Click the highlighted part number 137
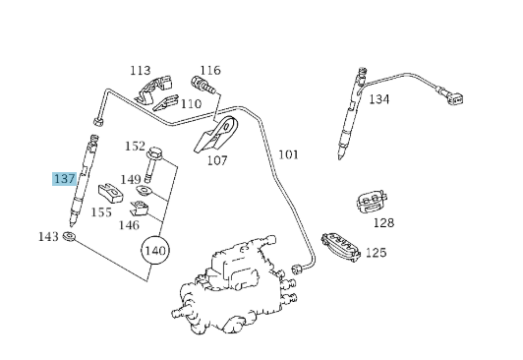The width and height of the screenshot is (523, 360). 64,179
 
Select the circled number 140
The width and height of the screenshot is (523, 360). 155,250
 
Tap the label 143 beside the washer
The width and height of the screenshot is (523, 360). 48,236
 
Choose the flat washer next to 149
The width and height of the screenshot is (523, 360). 145,191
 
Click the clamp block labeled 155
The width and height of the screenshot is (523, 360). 110,194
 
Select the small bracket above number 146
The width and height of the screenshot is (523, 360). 139,208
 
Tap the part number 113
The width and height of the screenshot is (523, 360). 140,71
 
